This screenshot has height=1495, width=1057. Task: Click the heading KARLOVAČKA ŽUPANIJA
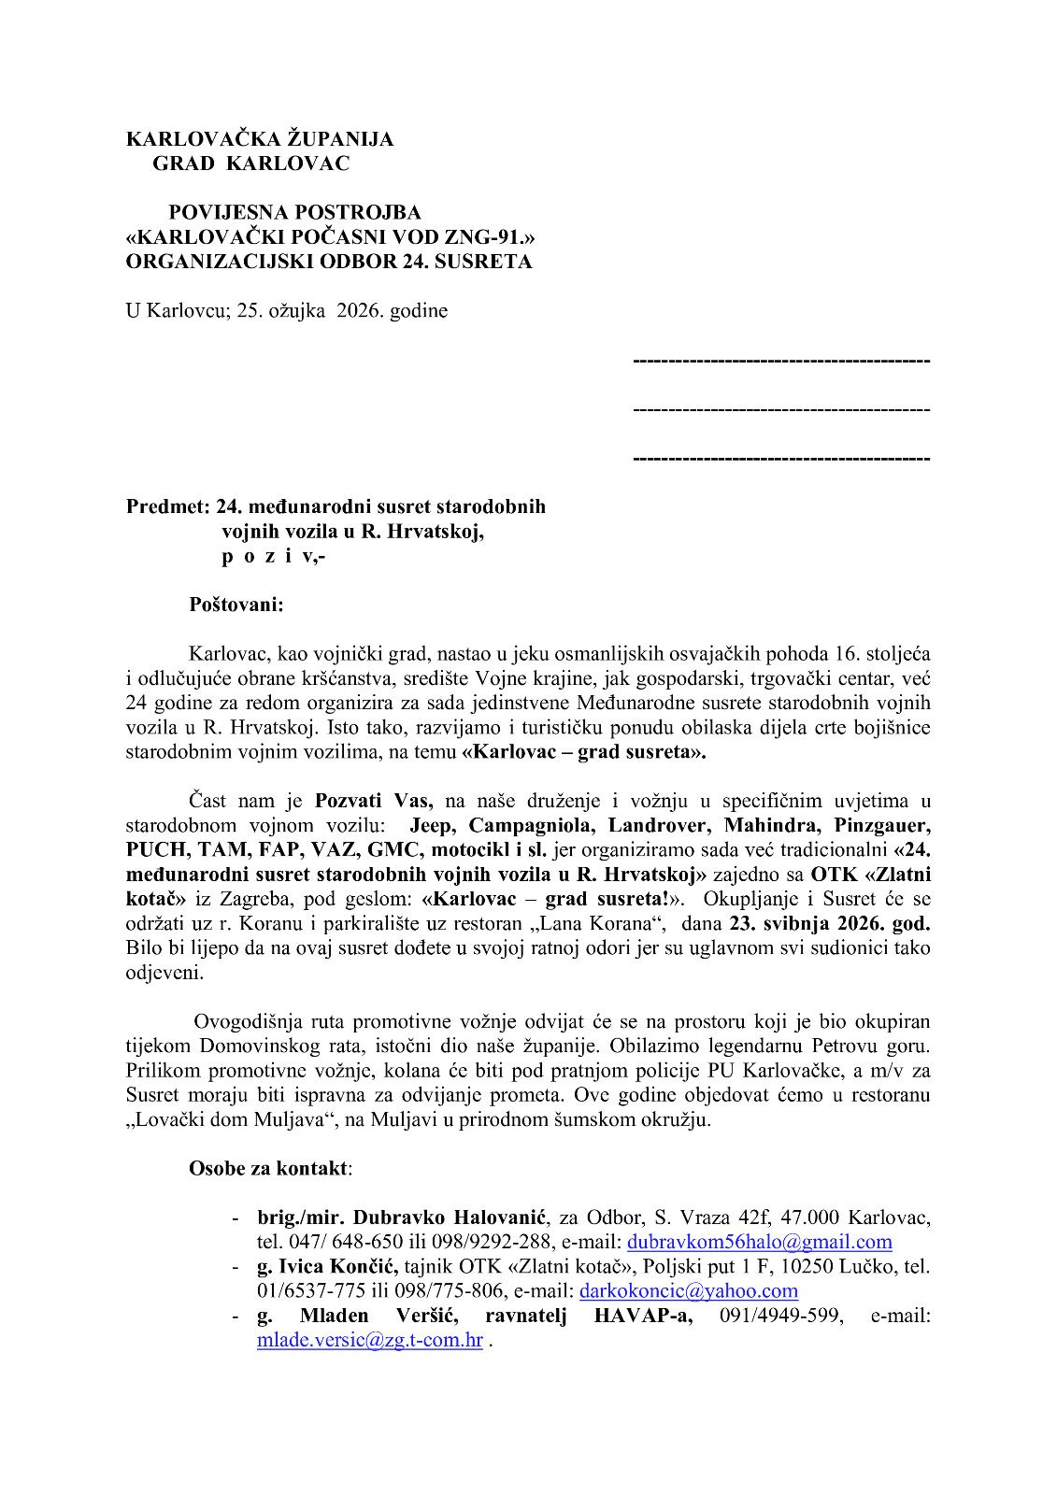pos(260,139)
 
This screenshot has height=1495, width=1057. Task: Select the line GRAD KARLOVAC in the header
pos(250,164)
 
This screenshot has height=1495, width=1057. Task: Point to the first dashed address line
pos(781,360)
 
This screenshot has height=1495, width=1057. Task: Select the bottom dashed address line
pos(781,459)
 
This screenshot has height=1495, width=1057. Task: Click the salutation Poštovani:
pos(236,605)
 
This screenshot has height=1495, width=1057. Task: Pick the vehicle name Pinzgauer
pos(876,826)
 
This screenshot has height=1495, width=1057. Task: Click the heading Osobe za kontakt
pos(268,1168)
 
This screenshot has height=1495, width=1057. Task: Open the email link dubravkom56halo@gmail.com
pos(759,1242)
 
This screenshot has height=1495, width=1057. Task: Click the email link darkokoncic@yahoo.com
pos(688,1291)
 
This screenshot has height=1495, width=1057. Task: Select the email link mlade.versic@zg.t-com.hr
pos(370,1340)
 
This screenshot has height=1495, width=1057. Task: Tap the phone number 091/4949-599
pos(780,1316)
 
